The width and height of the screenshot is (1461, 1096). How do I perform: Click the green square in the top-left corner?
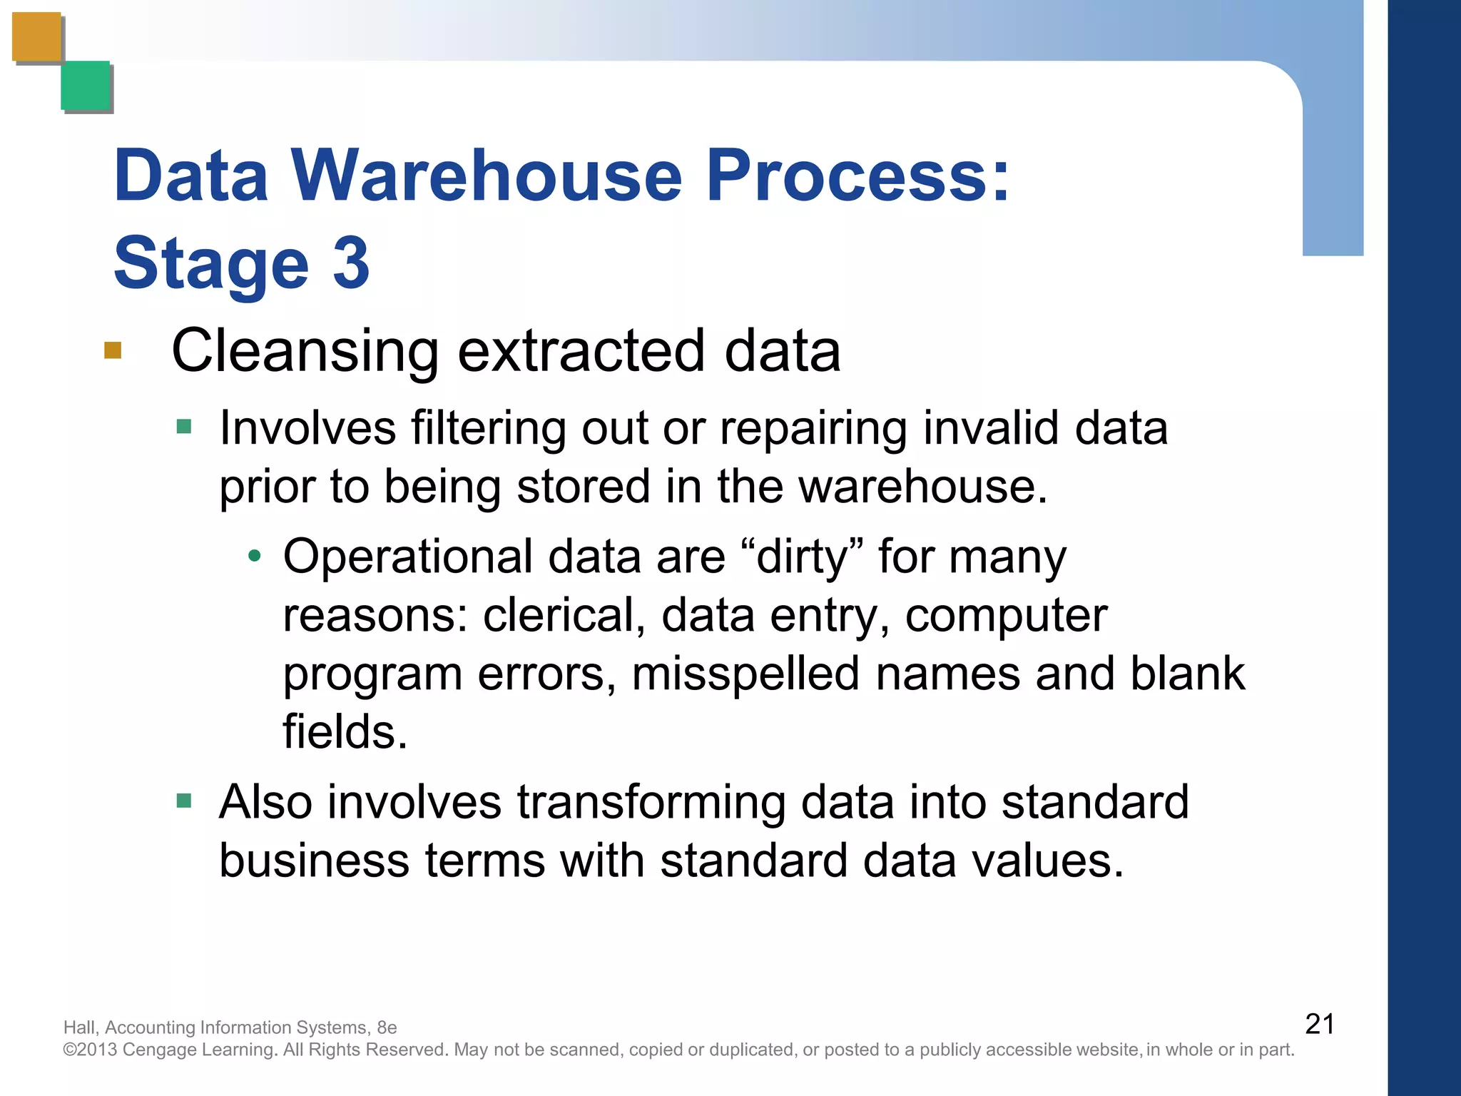(x=86, y=86)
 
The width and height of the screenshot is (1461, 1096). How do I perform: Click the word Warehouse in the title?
(x=487, y=176)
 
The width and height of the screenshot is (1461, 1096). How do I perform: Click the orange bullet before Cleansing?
(x=113, y=350)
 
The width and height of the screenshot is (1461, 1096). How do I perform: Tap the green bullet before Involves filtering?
(x=184, y=427)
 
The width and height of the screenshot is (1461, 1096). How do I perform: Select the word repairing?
(x=813, y=430)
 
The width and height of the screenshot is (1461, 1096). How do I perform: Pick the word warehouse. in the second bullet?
(x=922, y=487)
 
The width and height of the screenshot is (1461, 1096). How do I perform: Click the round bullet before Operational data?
(x=255, y=556)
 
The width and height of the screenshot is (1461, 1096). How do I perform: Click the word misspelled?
(x=745, y=674)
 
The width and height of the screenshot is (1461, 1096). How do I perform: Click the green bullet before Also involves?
(x=184, y=801)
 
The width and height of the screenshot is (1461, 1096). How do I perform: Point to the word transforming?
(x=651, y=802)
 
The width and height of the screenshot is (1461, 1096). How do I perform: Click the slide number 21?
(x=1319, y=1024)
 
